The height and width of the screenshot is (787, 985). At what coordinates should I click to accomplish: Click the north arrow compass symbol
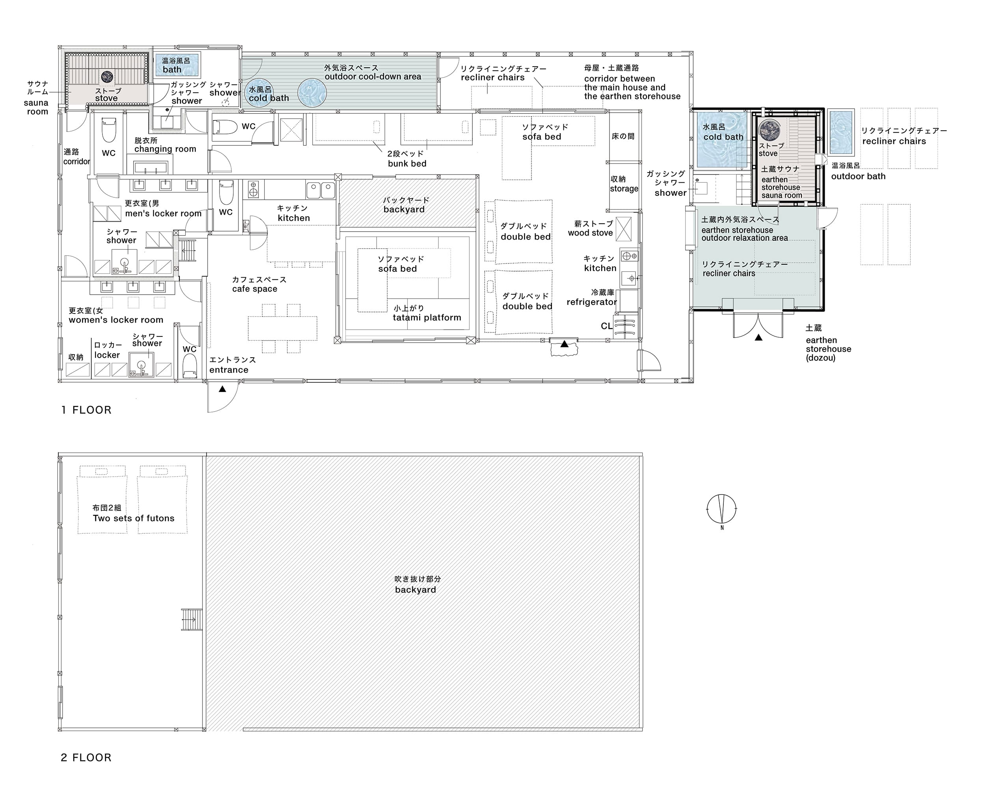tap(721, 509)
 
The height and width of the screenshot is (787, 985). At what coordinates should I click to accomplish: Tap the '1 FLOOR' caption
tap(86, 410)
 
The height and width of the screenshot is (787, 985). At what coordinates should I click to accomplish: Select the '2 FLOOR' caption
tap(86, 758)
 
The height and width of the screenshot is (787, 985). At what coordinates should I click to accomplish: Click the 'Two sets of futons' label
tap(134, 518)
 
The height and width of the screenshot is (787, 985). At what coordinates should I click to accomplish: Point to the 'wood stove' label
tap(590, 233)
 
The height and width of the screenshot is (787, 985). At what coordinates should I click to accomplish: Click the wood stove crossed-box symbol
tap(624, 229)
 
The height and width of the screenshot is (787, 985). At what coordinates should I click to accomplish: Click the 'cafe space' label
tap(255, 289)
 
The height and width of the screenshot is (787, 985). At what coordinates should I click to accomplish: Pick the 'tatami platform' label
tap(427, 318)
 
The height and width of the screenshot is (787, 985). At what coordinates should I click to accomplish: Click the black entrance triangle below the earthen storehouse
tap(758, 338)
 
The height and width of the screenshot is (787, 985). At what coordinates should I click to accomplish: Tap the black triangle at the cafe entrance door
tap(223, 389)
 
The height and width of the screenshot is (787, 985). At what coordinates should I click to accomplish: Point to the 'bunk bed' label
tap(407, 163)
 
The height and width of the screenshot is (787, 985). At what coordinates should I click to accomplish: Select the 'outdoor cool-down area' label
tap(373, 77)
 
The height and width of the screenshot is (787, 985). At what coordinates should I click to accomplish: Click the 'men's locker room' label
tap(163, 214)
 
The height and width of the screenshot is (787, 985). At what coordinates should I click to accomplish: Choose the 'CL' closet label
tap(606, 326)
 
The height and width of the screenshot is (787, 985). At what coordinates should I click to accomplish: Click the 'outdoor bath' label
tap(858, 177)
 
